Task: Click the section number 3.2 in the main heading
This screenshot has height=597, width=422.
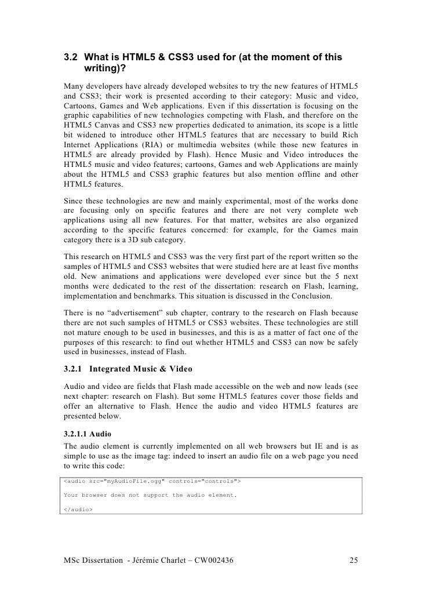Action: [x=71, y=57]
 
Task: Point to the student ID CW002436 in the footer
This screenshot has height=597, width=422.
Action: [x=211, y=561]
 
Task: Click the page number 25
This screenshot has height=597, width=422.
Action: [x=354, y=561]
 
